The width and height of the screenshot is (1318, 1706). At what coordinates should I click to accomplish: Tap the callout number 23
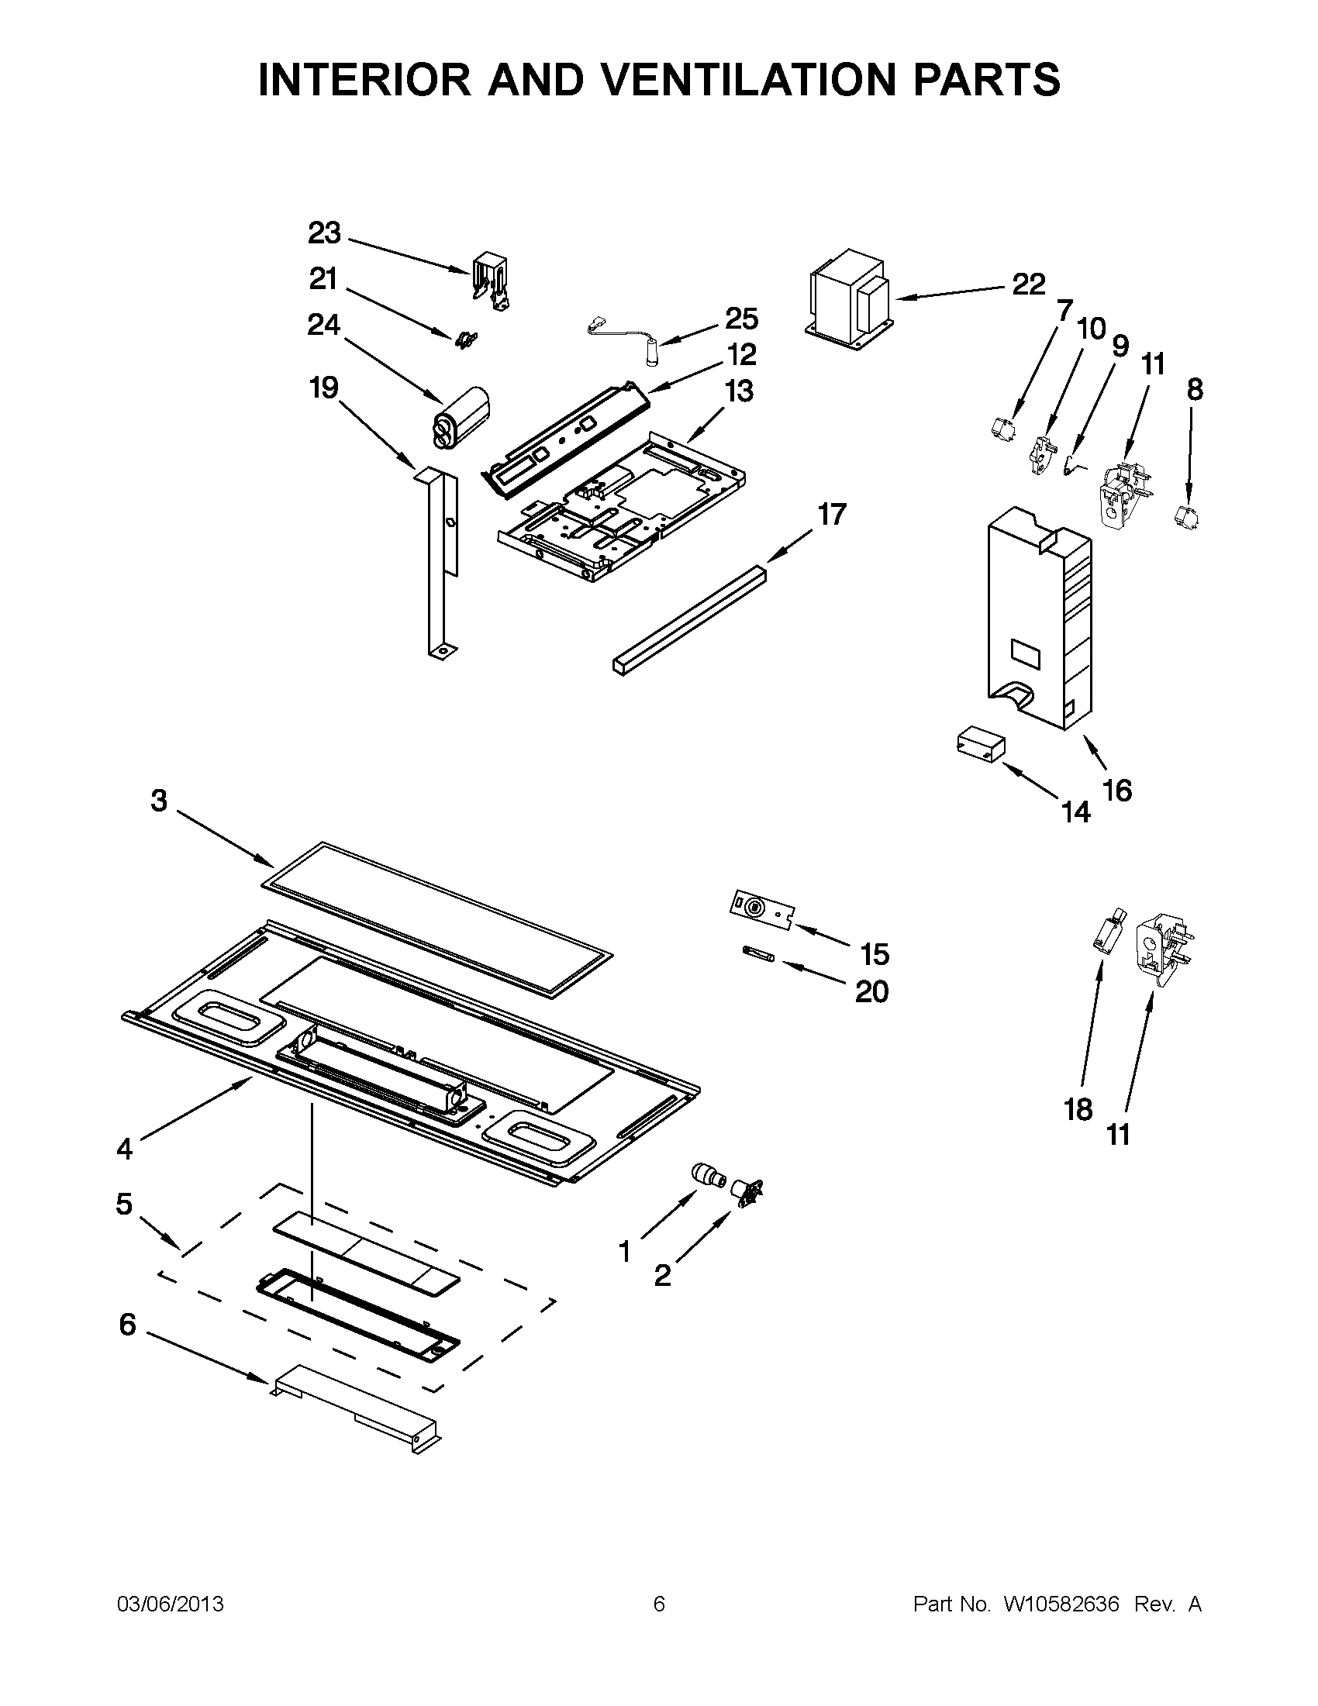325,233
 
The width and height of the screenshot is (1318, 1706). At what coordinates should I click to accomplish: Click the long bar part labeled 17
688,621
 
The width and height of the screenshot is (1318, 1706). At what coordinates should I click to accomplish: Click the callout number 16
1117,791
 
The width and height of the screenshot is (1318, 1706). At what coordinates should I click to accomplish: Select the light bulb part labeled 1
708,1176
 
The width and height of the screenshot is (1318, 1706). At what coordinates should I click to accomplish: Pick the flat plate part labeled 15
762,911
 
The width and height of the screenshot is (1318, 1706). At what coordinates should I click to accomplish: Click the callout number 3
159,801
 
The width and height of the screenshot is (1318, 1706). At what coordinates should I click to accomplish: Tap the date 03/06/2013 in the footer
171,1604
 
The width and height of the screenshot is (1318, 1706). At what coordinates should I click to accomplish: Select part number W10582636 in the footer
1061,1604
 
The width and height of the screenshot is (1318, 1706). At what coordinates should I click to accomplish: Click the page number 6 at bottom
658,1604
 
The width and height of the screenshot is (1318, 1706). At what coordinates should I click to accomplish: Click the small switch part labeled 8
1186,516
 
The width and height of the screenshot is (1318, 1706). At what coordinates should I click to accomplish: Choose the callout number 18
1078,1109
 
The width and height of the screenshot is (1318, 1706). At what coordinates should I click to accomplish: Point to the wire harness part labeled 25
625,336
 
